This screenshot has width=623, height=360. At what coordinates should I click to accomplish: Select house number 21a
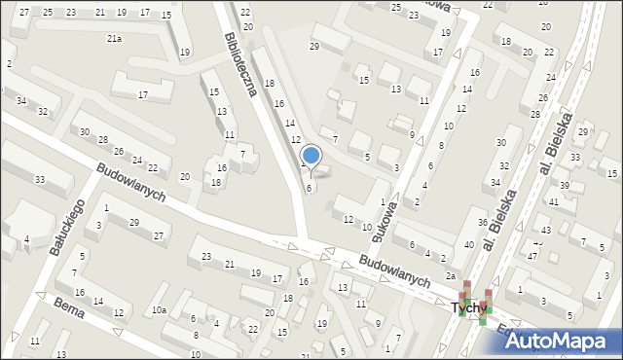[x=114, y=39]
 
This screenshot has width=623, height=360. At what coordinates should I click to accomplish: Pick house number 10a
[x=158, y=310]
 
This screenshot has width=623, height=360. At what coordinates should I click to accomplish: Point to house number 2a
[x=451, y=276]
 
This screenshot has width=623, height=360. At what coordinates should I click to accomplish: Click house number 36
[x=482, y=223]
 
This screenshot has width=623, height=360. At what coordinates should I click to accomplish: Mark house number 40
[x=469, y=244]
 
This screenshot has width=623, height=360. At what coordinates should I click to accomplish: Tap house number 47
[x=532, y=255]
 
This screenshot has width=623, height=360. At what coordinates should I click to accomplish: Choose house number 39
[x=564, y=185]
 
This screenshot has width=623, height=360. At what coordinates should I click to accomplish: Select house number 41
[x=552, y=202]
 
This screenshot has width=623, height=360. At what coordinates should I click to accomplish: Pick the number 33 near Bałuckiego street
[x=40, y=180]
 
